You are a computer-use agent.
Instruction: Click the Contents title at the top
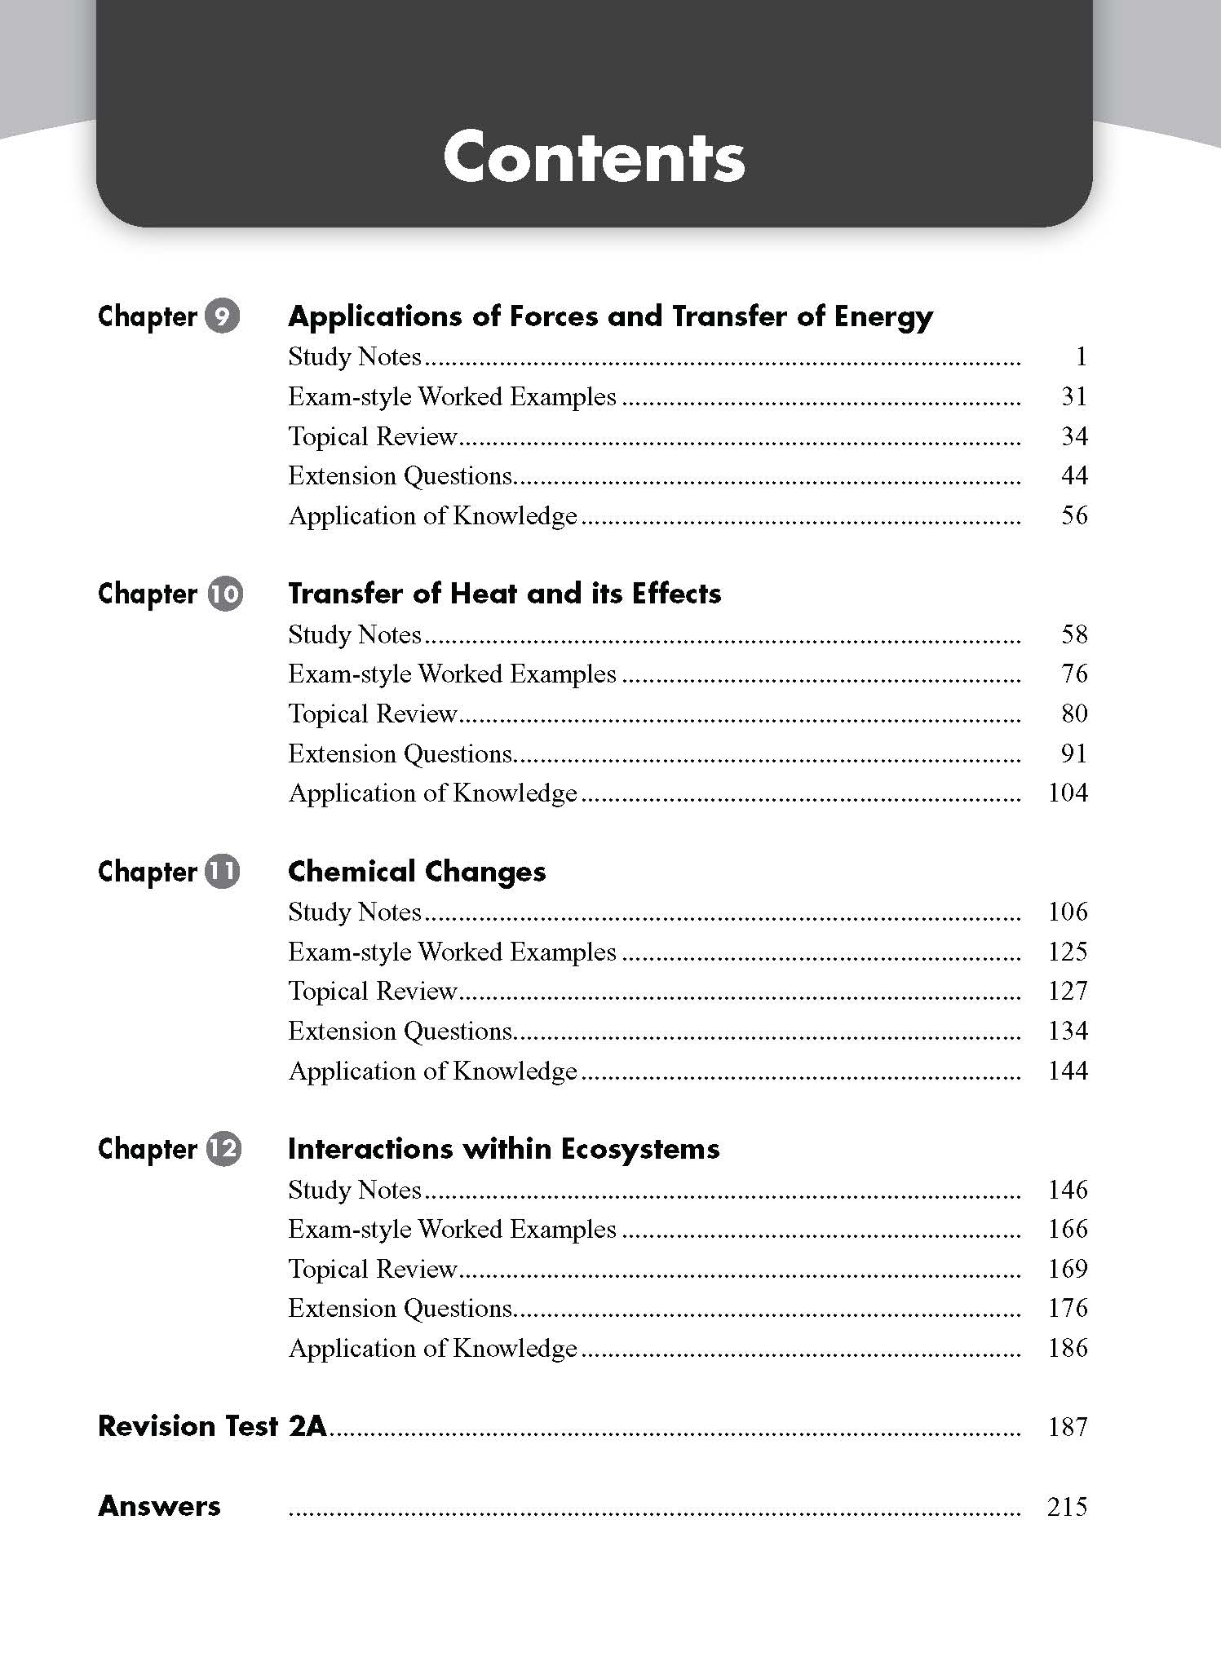coord(594,157)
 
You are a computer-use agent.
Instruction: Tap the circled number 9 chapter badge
coord(222,316)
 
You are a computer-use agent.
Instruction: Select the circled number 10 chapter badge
coord(225,594)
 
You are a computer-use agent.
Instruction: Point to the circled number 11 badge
coord(223,871)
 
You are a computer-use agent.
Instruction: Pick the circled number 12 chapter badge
coord(223,1149)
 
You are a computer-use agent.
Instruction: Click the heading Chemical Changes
coord(417,872)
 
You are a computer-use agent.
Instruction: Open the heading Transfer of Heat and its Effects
coord(504,594)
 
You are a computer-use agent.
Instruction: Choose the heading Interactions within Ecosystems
coord(503,1149)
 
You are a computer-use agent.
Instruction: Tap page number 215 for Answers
coord(1067,1506)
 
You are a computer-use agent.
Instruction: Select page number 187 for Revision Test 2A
coord(1067,1427)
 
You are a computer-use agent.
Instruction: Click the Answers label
coord(159,1506)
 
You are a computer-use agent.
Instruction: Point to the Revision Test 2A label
coord(212,1426)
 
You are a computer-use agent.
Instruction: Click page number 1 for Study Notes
coord(1081,356)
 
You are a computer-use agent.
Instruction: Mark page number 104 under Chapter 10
coord(1067,793)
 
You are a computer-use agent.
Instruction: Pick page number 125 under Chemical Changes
coord(1067,952)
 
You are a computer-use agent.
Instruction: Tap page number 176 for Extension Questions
coord(1067,1308)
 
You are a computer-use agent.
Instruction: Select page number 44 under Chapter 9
coord(1073,475)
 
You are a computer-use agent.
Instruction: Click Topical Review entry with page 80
coord(373,714)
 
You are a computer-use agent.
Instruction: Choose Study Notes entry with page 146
coord(355,1190)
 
